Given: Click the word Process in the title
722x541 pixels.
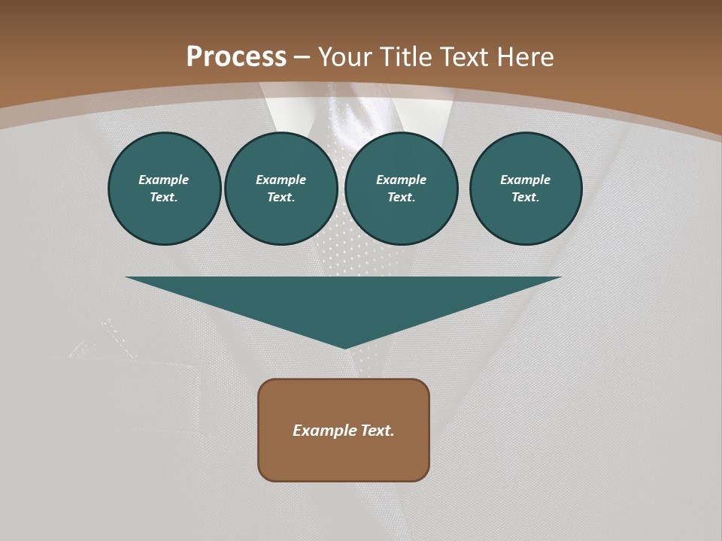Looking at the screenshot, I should click(x=236, y=57).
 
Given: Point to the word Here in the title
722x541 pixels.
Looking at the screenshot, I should click(x=524, y=57).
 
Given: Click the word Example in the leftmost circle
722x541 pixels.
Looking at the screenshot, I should click(x=164, y=180).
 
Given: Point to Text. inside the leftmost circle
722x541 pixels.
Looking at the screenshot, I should click(x=164, y=198).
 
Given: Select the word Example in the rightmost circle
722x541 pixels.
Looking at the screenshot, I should click(x=526, y=180).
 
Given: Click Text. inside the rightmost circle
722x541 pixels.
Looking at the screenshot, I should click(x=526, y=198).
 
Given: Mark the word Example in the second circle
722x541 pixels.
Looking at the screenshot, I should click(x=281, y=180).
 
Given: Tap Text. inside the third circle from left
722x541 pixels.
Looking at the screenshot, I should click(x=402, y=198).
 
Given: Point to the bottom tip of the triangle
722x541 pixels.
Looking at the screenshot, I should click(x=344, y=346).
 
